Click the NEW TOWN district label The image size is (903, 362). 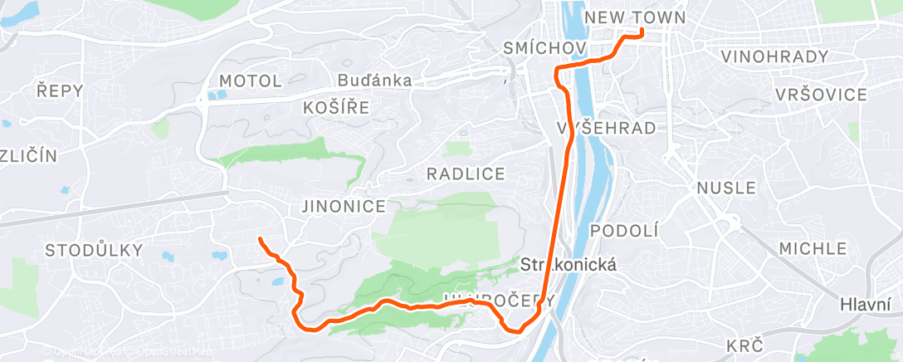click(x=635, y=17)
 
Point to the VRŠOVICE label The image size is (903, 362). click(x=821, y=95)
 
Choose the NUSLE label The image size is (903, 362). click(x=727, y=188)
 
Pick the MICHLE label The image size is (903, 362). click(x=813, y=248)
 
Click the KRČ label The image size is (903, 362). click(x=744, y=345)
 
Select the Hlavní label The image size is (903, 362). click(x=865, y=305)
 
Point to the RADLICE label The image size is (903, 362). click(x=466, y=174)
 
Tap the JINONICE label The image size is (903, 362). click(x=344, y=206)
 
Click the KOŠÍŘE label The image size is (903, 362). click(x=336, y=107)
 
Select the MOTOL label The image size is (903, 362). click(x=251, y=81)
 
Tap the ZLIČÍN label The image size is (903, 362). click(x=28, y=155)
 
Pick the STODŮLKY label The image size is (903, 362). click(x=94, y=250)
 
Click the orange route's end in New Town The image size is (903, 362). click(x=642, y=32)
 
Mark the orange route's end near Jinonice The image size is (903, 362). click(x=261, y=239)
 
